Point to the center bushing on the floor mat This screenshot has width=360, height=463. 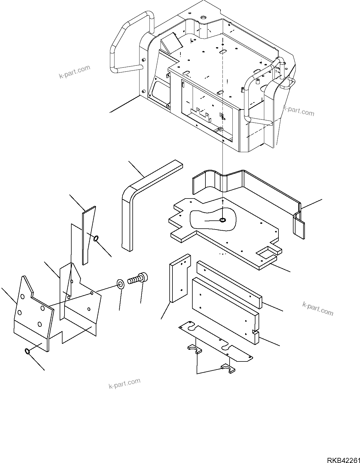222,220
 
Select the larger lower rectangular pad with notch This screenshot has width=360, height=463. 224,309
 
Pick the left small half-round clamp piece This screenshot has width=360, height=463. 194,349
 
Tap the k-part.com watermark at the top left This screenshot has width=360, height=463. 74,72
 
